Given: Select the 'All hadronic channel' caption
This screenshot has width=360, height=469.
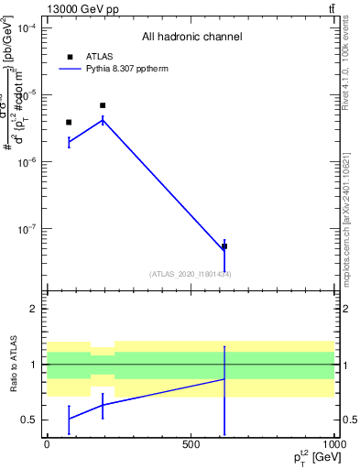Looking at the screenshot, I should tap(191, 38).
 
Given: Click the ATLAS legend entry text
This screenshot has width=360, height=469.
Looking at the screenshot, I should tap(99, 57).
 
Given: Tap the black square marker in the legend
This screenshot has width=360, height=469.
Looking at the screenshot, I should tap(70, 57).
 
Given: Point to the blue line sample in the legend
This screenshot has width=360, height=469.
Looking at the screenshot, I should tap(70, 69).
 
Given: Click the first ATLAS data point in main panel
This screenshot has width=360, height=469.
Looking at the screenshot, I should tap(69, 122).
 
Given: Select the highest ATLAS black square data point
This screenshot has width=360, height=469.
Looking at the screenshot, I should tap(103, 105).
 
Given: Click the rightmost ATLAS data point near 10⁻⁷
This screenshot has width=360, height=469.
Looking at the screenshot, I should tap(224, 246).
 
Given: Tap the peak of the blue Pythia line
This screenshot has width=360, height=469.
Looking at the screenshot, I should tap(103, 119).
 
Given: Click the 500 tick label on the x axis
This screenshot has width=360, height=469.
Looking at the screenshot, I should tap(191, 443).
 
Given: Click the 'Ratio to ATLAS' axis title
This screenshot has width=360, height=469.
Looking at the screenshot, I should tap(14, 364).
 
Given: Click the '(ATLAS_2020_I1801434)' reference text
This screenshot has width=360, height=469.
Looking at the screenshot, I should tap(190, 274).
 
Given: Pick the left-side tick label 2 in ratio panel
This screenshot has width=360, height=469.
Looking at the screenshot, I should tap(34, 309).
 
